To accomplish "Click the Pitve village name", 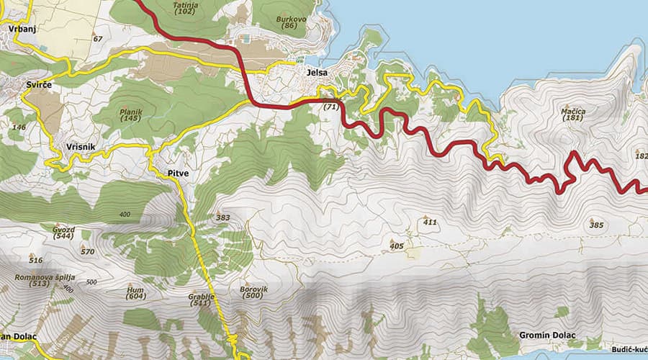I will pyautogui.click(x=177, y=174).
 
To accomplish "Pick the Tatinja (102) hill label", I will pyautogui.click(x=185, y=8).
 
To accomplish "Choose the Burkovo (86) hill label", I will pyautogui.click(x=290, y=22).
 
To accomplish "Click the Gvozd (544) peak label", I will pyautogui.click(x=63, y=233).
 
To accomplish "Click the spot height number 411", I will pyautogui.click(x=430, y=222).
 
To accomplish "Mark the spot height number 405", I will pyautogui.click(x=397, y=246).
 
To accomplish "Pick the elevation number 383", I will pyautogui.click(x=222, y=217).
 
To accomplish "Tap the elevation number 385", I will pyautogui.click(x=596, y=225).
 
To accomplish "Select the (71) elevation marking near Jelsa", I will pyautogui.click(x=331, y=107).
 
